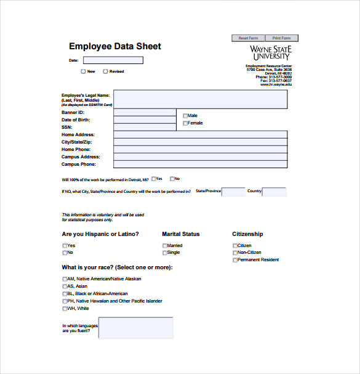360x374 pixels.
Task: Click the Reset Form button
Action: tap(248, 38)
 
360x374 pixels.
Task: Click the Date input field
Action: tap(113, 60)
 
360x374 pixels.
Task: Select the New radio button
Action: tap(83, 71)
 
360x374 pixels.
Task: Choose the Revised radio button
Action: tap(106, 71)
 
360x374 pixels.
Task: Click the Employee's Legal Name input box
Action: tap(200, 99)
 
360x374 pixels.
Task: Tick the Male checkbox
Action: tap(185, 115)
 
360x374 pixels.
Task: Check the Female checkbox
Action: tap(185, 123)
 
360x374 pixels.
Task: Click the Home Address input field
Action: tap(200, 134)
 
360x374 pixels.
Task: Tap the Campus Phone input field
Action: tap(200, 165)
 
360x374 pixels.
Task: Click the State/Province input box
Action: tap(233, 192)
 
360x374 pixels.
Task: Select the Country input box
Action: tap(274, 192)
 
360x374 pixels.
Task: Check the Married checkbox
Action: tap(165, 246)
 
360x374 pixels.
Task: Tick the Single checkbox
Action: tap(165, 253)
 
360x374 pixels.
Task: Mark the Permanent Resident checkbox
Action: tap(235, 260)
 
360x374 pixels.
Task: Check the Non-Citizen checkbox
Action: tap(235, 253)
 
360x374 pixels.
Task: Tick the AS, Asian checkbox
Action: tap(65, 286)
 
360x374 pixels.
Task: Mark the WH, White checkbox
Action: tap(65, 308)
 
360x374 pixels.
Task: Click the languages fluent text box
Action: tap(135, 328)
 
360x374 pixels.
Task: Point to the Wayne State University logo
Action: tap(270, 52)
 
